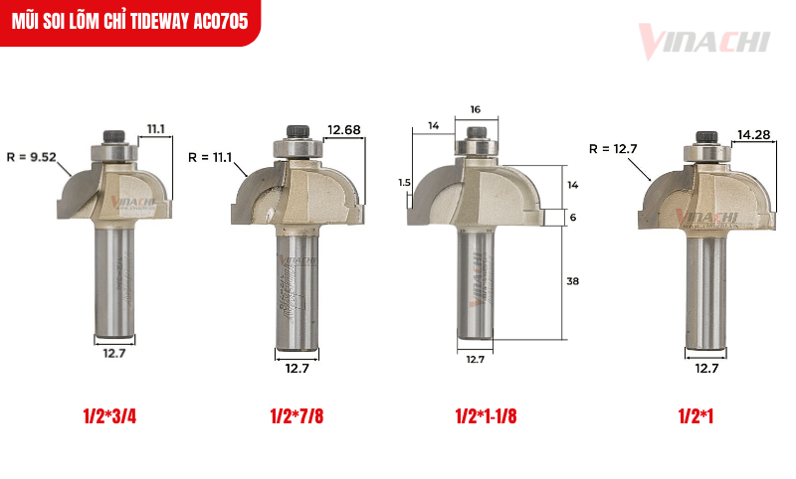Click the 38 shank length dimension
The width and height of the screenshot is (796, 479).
click(572, 281)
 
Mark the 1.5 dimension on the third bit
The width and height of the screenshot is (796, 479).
click(403, 183)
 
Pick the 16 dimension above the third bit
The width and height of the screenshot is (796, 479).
click(475, 108)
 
